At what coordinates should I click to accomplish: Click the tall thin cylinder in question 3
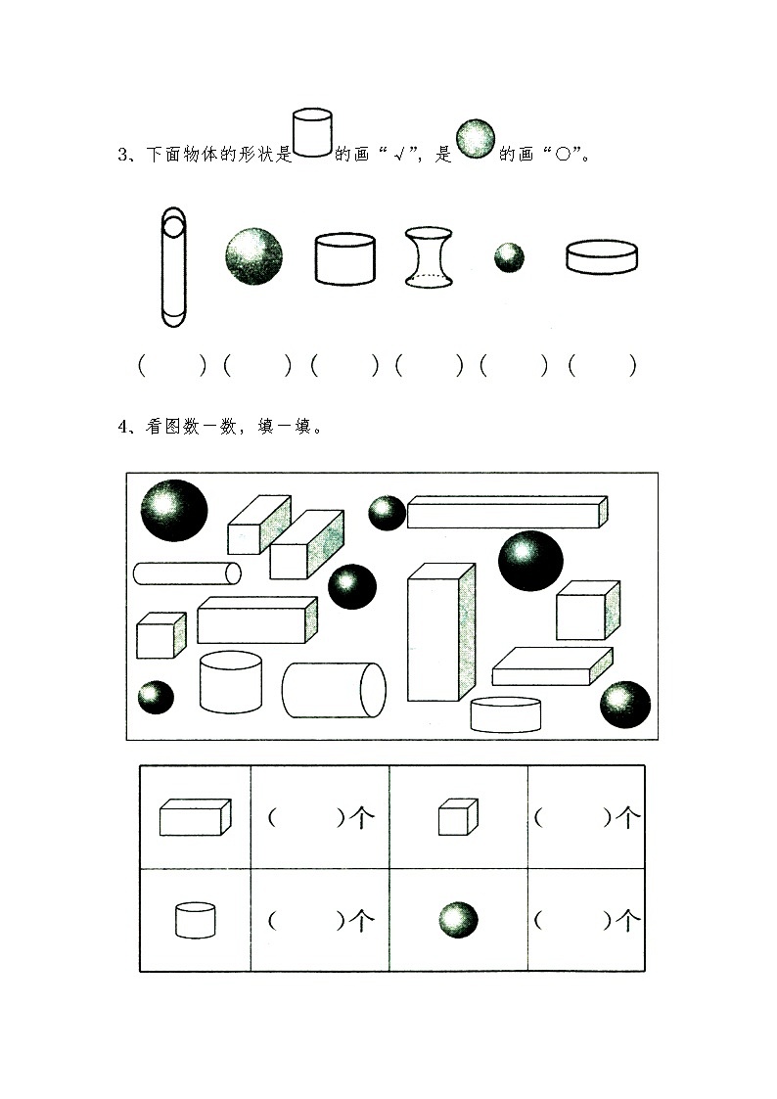tap(172, 266)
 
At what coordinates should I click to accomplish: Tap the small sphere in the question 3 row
tap(508, 258)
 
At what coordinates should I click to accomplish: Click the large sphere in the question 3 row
tap(254, 256)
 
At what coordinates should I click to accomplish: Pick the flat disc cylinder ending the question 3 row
tap(602, 257)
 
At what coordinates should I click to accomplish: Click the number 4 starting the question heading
tap(121, 426)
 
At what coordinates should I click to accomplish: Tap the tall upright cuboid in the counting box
tap(439, 632)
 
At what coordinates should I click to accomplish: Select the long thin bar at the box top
tap(506, 512)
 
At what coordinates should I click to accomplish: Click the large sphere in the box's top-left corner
tap(174, 510)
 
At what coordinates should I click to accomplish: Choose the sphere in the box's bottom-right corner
tap(624, 705)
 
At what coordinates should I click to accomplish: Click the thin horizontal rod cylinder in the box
tap(187, 572)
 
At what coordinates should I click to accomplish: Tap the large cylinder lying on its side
tap(334, 689)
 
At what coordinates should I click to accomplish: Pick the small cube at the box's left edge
tap(160, 636)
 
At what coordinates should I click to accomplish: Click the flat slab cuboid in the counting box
tap(551, 666)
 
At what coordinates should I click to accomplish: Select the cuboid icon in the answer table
tap(195, 817)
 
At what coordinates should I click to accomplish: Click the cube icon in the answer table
tap(457, 817)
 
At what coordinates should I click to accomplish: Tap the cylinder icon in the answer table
tap(195, 920)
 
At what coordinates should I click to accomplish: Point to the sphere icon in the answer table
tap(458, 920)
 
